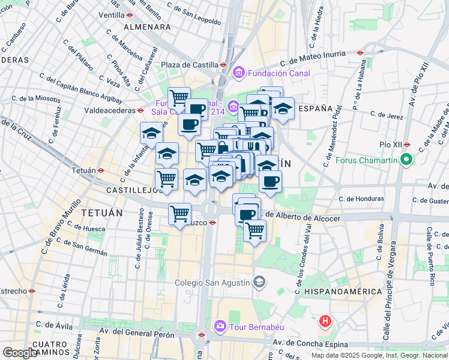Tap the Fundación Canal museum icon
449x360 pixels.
click(x=239, y=73)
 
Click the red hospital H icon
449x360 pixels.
click(x=325, y=321)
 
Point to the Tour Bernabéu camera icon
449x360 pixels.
click(x=220, y=326)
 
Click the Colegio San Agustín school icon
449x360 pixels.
click(x=259, y=281)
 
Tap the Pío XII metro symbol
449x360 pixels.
click(x=406, y=145)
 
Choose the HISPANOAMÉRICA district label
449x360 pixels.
click(x=343, y=291)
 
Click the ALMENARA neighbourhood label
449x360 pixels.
click(x=147, y=27)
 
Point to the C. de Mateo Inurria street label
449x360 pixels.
click(x=321, y=59)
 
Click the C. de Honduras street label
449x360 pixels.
click(x=361, y=199)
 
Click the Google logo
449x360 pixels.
click(x=20, y=352)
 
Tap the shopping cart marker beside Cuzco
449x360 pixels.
click(x=179, y=214)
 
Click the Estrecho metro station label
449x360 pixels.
click(x=13, y=291)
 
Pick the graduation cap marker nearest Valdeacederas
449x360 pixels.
click(x=151, y=133)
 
